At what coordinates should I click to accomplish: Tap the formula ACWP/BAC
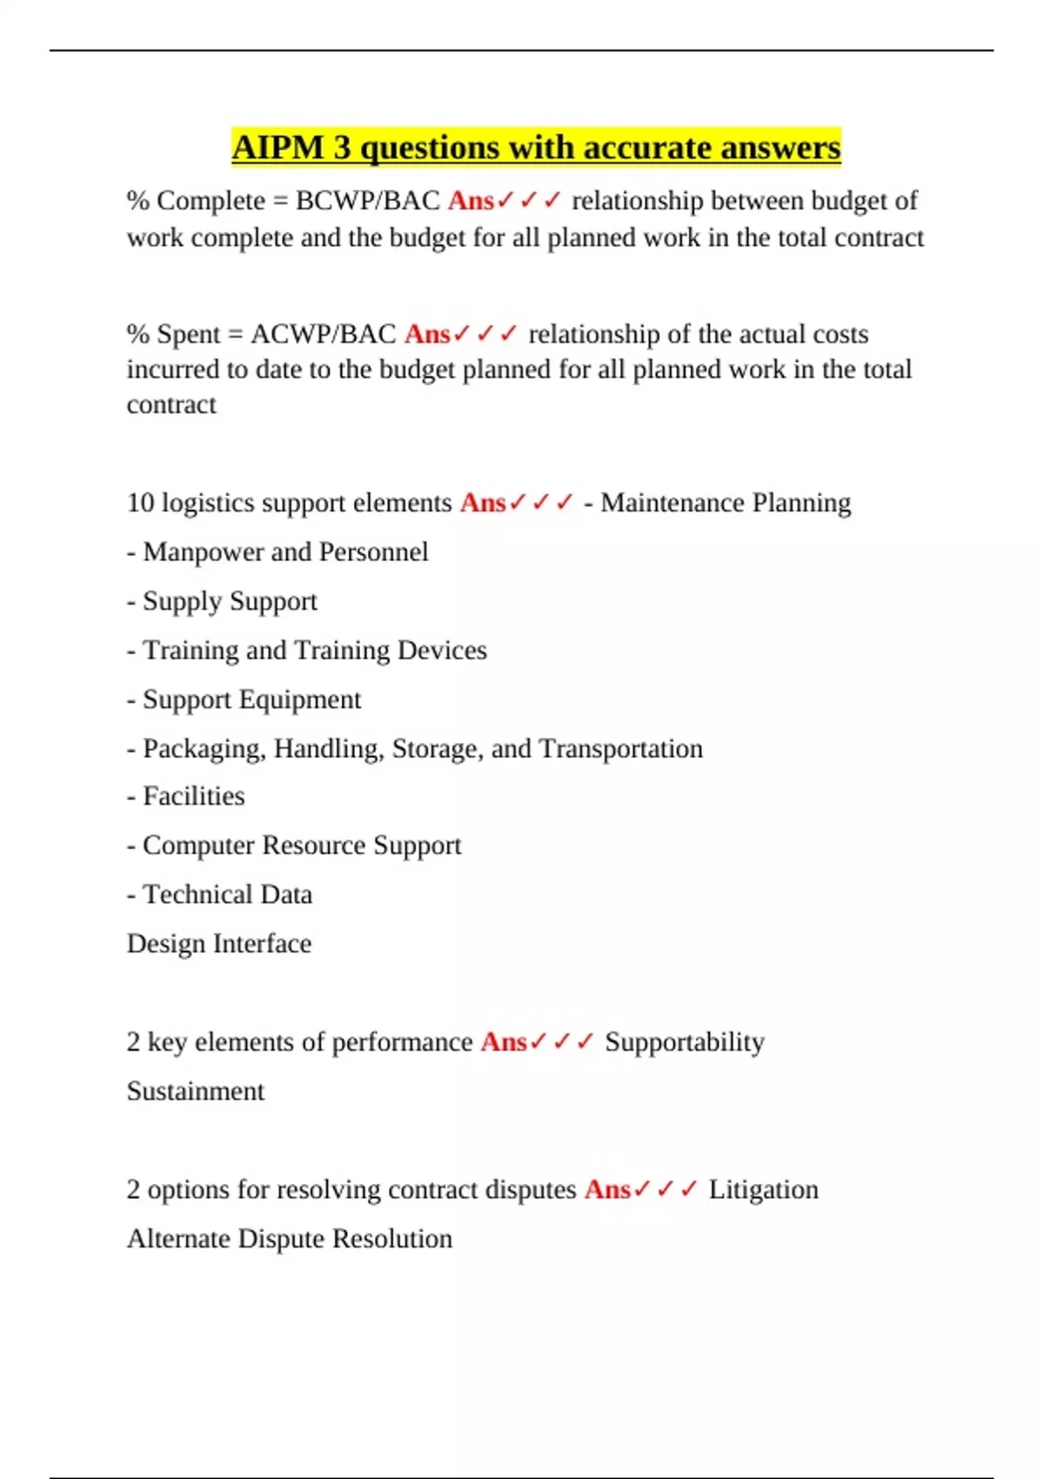pyautogui.click(x=323, y=334)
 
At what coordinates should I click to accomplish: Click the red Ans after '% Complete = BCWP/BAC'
pyautogui.click(x=471, y=201)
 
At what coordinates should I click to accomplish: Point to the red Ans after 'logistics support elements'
pyautogui.click(x=483, y=503)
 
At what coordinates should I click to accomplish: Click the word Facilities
pyautogui.click(x=193, y=796)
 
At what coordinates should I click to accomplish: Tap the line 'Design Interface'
pyautogui.click(x=219, y=944)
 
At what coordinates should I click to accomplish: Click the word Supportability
pyautogui.click(x=685, y=1042)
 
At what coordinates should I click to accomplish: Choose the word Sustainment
pyautogui.click(x=196, y=1091)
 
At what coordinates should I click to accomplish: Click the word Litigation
pyautogui.click(x=763, y=1189)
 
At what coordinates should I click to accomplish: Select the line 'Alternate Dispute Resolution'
pyautogui.click(x=290, y=1239)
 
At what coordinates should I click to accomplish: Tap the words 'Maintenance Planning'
pyautogui.click(x=726, y=503)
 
